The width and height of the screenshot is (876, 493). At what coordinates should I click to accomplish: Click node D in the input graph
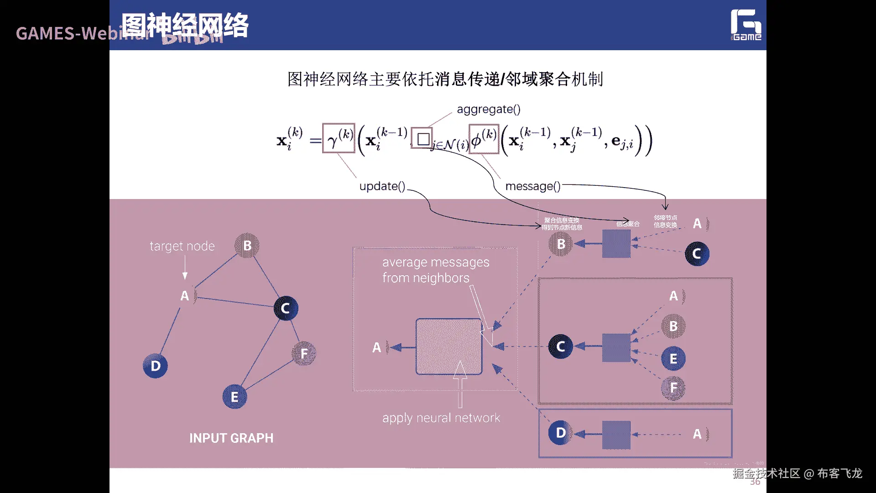click(x=155, y=366)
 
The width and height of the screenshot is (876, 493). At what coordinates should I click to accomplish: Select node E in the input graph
click(x=235, y=397)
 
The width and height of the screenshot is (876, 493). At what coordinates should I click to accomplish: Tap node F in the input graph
click(x=304, y=353)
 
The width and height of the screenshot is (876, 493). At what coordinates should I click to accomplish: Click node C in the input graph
click(x=286, y=308)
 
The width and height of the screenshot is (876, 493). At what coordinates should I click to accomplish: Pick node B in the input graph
click(x=247, y=245)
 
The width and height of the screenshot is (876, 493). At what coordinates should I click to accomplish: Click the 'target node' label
click(x=182, y=246)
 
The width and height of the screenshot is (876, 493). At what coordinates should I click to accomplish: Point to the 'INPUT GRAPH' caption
click(x=231, y=438)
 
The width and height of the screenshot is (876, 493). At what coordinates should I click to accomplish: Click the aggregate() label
click(x=489, y=109)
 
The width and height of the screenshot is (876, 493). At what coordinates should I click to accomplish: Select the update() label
click(x=382, y=186)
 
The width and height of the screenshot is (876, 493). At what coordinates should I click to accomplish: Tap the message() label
click(x=532, y=186)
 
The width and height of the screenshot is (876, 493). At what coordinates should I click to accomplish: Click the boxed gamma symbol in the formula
click(x=339, y=138)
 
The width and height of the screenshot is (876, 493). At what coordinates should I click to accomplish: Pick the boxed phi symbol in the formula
click(x=484, y=139)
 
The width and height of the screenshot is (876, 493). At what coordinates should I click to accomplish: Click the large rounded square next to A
click(x=449, y=346)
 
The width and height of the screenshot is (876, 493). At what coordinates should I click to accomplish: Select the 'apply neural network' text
click(x=441, y=418)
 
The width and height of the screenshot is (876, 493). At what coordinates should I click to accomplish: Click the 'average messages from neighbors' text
click(x=435, y=270)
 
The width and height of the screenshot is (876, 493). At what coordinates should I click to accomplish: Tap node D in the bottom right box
click(x=561, y=433)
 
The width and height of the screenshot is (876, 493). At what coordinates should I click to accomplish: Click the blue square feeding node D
click(x=616, y=435)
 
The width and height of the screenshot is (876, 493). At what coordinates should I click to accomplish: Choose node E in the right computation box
click(x=673, y=359)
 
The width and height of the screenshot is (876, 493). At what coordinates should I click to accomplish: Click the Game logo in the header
click(x=746, y=25)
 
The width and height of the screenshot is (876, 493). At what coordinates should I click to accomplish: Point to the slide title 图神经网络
click(x=185, y=25)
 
